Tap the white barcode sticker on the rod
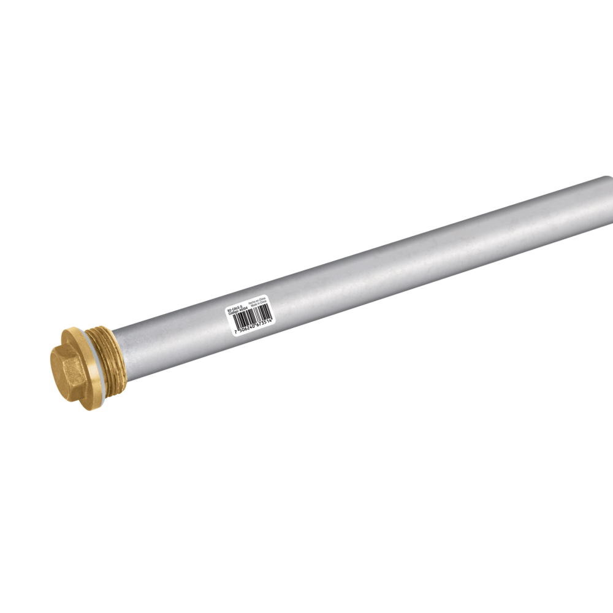249,314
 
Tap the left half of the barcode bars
242,319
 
